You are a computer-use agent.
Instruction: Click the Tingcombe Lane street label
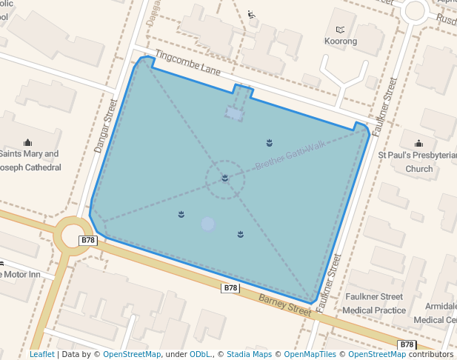189,62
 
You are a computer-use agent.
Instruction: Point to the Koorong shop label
341,41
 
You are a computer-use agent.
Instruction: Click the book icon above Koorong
341,30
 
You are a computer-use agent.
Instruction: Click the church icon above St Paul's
418,144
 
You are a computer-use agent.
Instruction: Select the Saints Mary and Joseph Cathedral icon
28,142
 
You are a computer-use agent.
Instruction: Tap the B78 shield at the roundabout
88,240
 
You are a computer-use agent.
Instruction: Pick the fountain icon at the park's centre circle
224,179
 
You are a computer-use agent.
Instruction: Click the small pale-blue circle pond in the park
208,224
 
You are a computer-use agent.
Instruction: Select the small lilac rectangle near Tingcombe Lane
234,113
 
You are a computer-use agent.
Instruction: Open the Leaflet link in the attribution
41,354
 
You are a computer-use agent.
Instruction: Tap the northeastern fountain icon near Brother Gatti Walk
270,142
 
